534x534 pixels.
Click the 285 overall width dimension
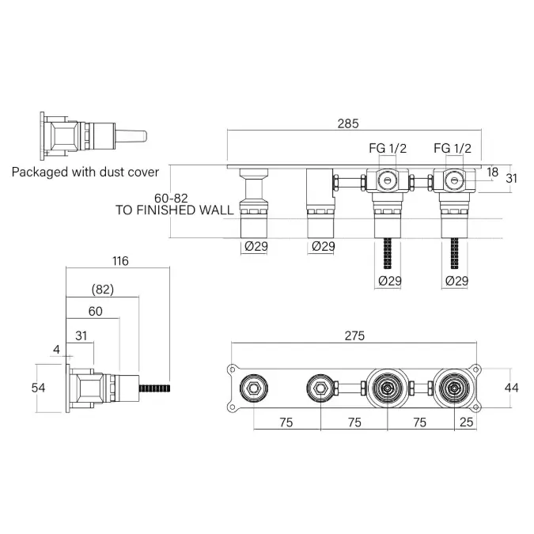(x=348, y=123)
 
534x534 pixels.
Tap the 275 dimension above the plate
(x=354, y=335)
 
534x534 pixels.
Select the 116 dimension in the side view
(x=120, y=261)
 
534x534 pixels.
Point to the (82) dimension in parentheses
(x=103, y=290)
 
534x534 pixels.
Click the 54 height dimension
(x=38, y=388)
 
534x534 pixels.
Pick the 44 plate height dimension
(x=511, y=388)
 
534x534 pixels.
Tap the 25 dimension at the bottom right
(x=466, y=422)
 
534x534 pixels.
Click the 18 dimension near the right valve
(x=492, y=172)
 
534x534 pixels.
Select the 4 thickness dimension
(x=56, y=350)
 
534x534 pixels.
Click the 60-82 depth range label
(x=171, y=198)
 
